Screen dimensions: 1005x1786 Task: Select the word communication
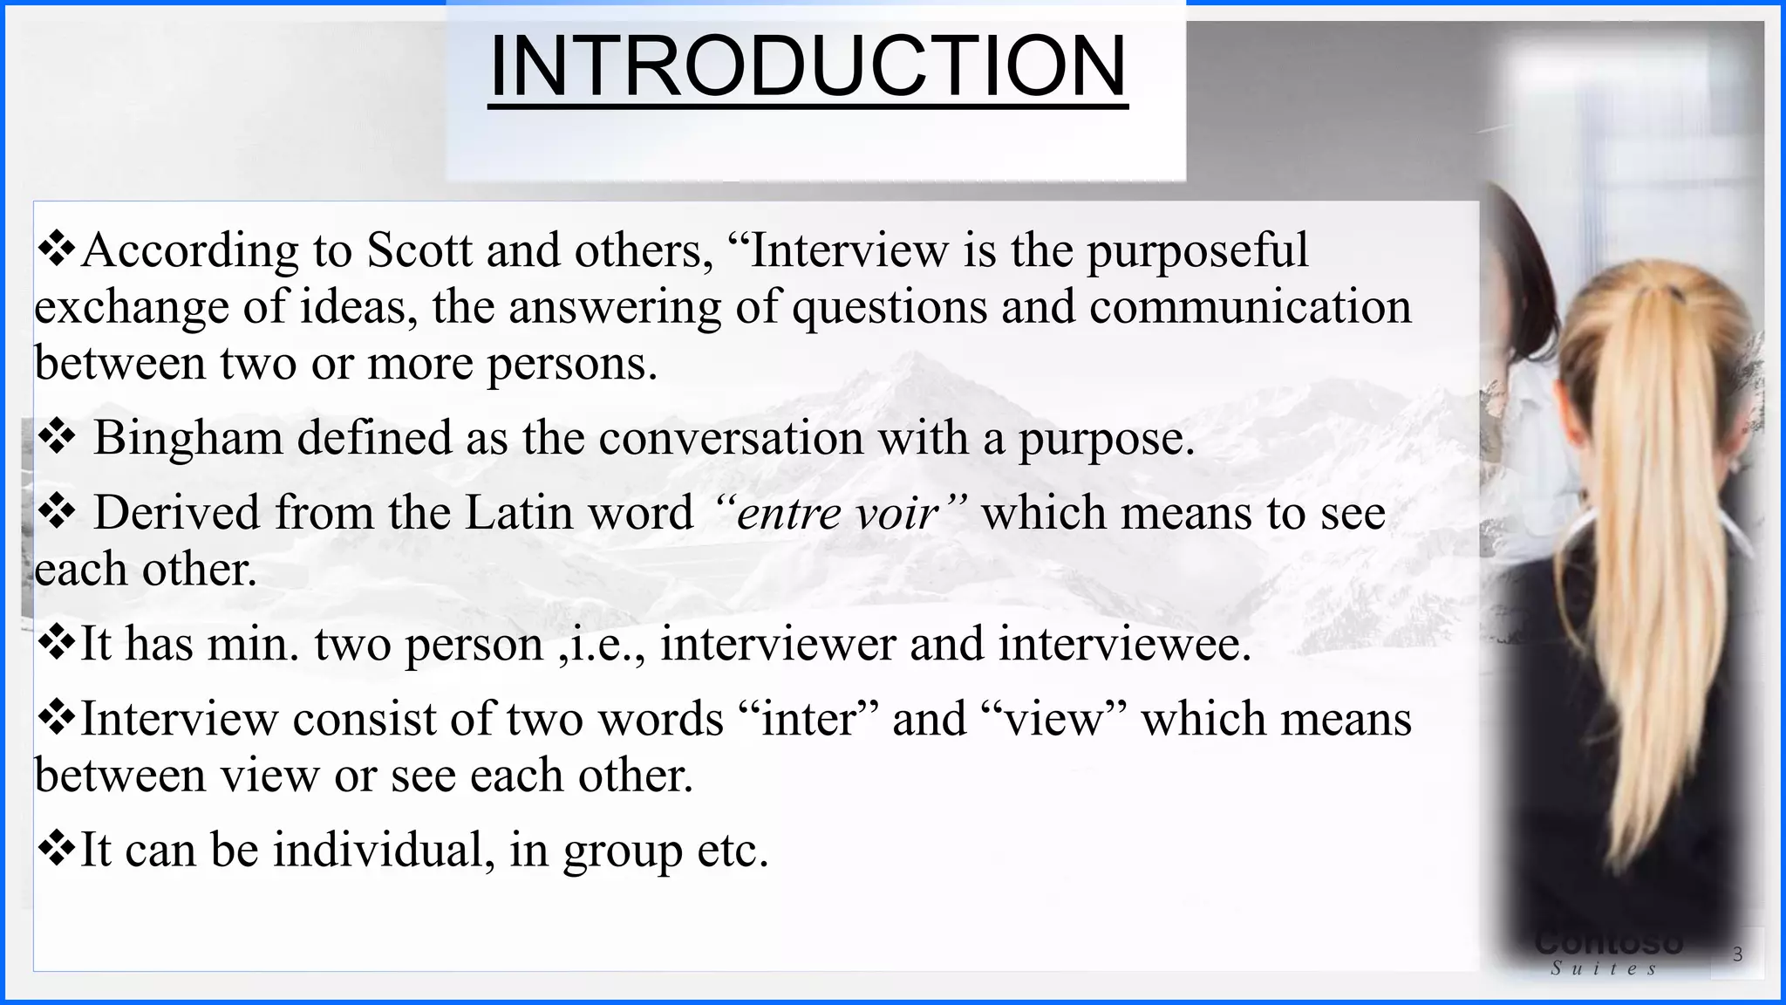[1250, 307]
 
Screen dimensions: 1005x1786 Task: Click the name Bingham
[187, 438]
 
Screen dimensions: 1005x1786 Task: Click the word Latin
[519, 513]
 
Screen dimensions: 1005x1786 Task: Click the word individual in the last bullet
[378, 850]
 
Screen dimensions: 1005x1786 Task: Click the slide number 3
[1737, 954]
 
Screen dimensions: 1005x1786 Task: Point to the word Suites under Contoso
[1604, 968]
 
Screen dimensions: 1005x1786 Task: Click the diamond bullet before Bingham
[57, 438]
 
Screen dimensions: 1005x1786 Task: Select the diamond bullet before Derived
[57, 513]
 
